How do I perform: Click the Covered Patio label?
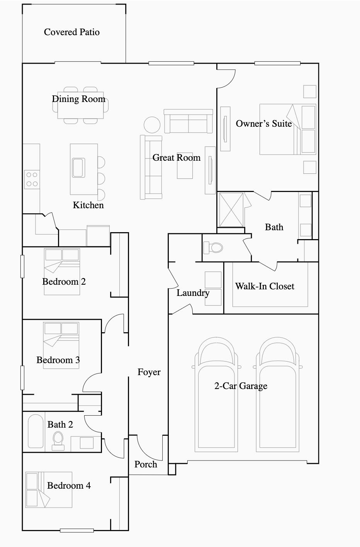coord(71,32)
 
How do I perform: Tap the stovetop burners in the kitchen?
coord(32,180)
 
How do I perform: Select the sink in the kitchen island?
coord(79,168)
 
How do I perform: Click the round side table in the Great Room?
coord(152,125)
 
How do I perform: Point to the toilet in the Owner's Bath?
coord(213,247)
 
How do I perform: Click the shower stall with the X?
coord(231,210)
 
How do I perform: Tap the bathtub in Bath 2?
coord(36,431)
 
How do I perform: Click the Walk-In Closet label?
coord(265,286)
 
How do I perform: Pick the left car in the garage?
coord(216,394)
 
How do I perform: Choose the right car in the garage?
coord(278,394)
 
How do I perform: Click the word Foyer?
coord(149,372)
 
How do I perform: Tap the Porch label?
coord(146,464)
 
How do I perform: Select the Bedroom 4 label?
coord(69,485)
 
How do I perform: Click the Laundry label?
coord(193,293)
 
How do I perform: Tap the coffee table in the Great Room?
coord(185,169)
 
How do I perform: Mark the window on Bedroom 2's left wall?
coord(22,267)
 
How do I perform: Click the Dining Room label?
coord(79,99)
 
